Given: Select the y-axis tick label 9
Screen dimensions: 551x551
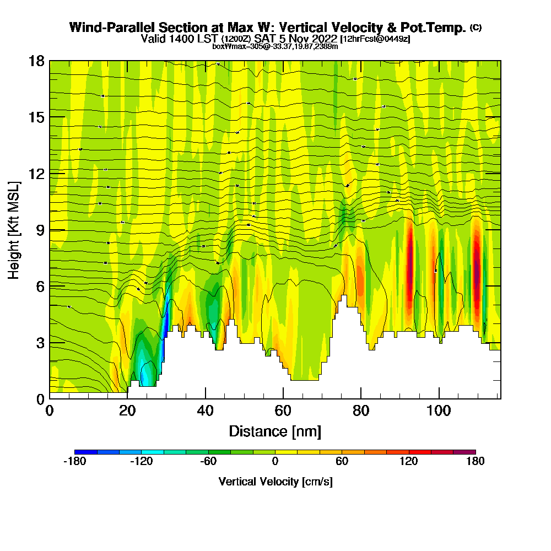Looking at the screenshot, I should [x=40, y=230].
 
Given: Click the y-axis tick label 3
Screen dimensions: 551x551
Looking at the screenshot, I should [x=40, y=343].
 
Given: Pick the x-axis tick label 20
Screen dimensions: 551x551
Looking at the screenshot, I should [x=127, y=410].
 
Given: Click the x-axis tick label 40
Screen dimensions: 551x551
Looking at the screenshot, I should [x=205, y=410].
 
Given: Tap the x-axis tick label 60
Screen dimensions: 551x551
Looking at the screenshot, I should [x=283, y=410].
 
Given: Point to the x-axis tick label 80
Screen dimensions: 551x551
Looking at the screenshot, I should [x=361, y=410].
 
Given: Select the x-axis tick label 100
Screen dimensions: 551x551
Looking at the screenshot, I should [x=439, y=410].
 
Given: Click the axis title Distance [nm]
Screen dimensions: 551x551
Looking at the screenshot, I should [x=275, y=431].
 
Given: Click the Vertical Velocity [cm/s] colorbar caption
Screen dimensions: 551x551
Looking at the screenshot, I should [x=275, y=482].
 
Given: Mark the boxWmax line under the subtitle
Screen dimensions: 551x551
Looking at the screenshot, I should [x=275, y=46].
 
